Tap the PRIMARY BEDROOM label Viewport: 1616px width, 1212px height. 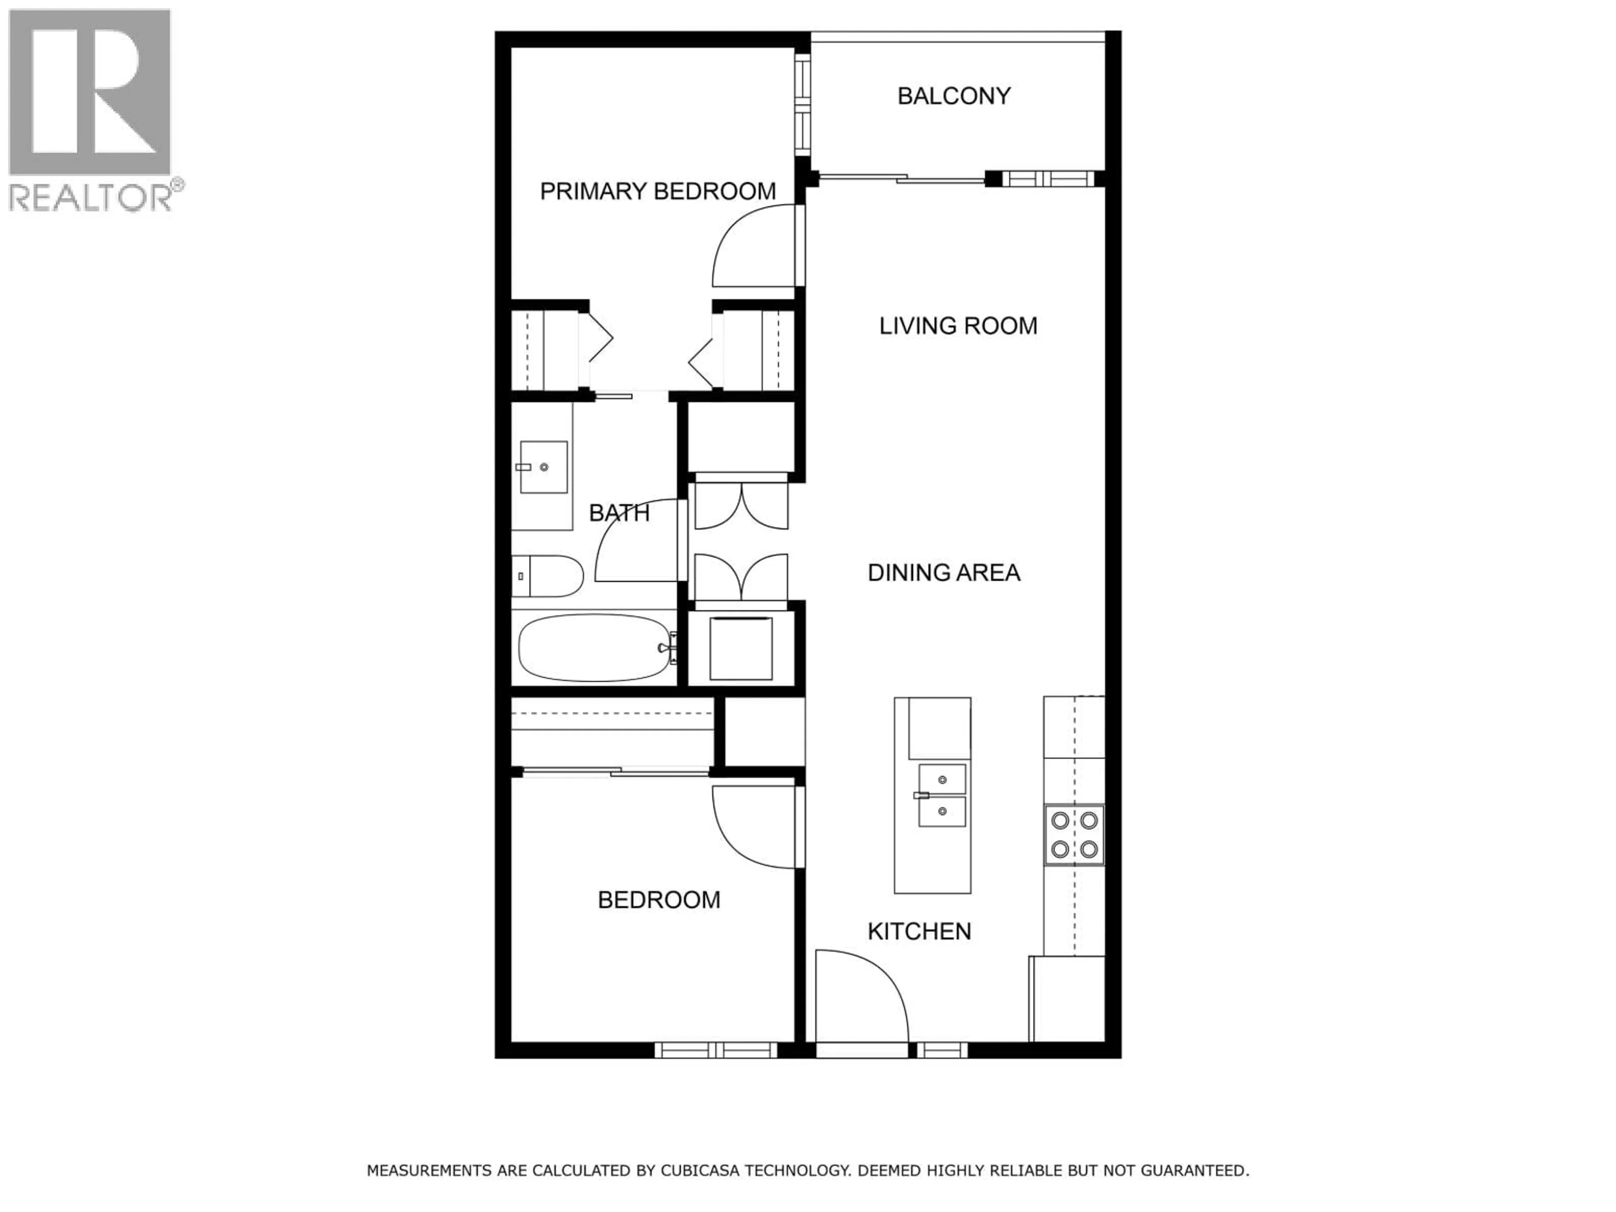tap(657, 191)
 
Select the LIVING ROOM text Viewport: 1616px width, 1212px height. tap(958, 326)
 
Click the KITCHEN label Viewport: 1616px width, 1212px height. tap(919, 931)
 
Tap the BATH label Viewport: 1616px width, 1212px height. tap(619, 513)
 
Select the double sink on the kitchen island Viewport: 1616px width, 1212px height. tap(942, 795)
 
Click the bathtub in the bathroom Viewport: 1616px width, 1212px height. tap(595, 647)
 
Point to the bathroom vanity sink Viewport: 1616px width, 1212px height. tap(544, 467)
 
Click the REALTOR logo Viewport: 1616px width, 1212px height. tap(90, 109)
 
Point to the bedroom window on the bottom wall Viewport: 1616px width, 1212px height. tap(716, 1050)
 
